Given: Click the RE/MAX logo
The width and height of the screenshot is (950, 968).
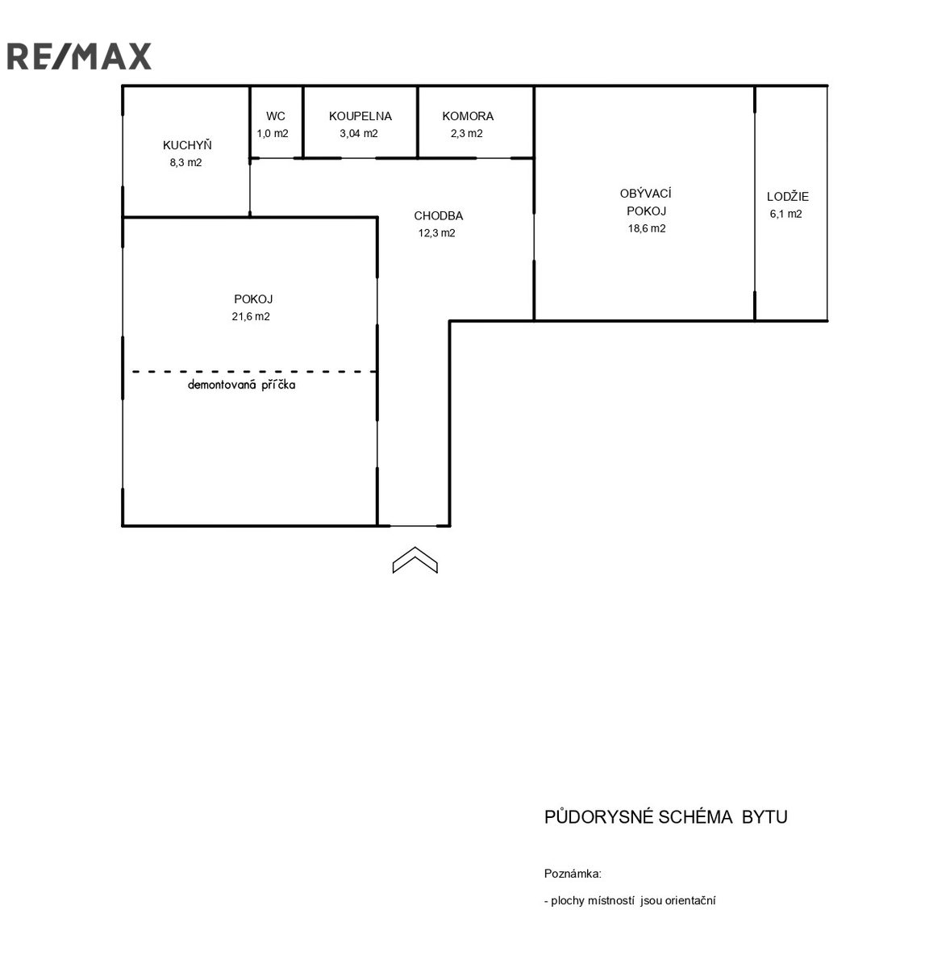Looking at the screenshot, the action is (x=79, y=56).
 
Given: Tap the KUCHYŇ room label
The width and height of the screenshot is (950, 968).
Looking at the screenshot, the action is (x=187, y=144).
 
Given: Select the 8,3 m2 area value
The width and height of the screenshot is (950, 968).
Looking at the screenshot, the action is (x=185, y=162).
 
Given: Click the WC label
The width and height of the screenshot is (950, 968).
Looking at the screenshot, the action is (x=275, y=116).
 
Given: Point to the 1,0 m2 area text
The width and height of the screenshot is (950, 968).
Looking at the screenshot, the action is (x=273, y=133).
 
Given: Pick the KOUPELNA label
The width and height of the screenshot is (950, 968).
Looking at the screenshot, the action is (x=360, y=116).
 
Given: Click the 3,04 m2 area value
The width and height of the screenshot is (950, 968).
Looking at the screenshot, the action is (x=359, y=133).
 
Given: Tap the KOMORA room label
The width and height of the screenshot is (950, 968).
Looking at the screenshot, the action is (x=468, y=116).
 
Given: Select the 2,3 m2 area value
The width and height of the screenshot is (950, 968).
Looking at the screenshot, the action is (x=467, y=133).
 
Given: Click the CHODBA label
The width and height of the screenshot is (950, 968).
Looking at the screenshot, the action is (x=438, y=215).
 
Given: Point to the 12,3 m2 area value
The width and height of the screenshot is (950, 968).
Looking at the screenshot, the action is (x=436, y=232).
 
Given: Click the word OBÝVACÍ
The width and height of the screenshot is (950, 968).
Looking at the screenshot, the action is (x=645, y=193).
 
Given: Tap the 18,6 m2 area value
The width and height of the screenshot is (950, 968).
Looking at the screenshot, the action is (x=647, y=228).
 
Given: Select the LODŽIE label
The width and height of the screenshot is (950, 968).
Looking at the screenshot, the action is (x=787, y=196).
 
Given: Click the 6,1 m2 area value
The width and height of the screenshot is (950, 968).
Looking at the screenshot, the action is (x=785, y=214).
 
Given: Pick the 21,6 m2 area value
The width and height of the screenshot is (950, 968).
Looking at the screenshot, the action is (x=251, y=316).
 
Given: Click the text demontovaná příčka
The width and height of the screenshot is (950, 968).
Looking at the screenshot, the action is (x=241, y=384).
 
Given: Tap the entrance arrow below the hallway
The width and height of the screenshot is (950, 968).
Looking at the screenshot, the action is (x=415, y=559).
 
